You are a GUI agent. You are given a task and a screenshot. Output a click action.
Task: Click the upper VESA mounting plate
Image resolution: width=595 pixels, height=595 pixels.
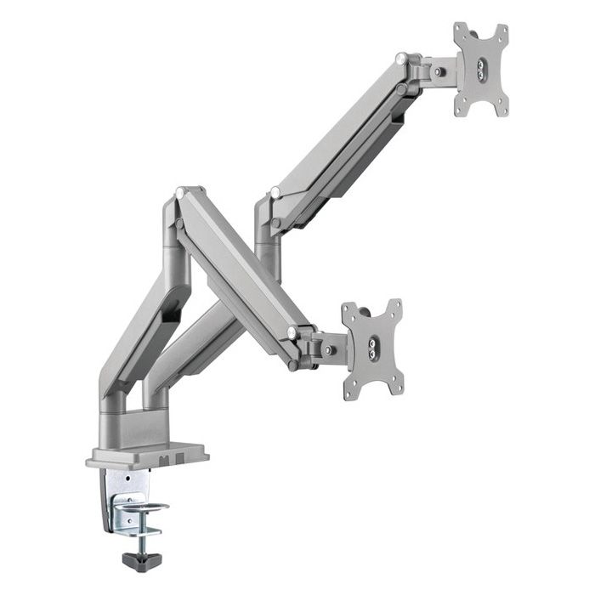point(480,69)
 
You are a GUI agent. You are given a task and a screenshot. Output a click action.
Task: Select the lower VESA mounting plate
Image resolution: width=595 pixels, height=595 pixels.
point(371,348)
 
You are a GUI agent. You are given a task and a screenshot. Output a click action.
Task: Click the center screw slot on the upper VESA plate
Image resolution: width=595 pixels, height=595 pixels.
point(480,69)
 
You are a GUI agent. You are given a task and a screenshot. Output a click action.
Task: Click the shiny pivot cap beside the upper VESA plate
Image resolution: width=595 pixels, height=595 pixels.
point(400,58)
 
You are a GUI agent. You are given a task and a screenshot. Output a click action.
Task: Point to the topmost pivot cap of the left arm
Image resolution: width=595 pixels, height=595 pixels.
point(179,193)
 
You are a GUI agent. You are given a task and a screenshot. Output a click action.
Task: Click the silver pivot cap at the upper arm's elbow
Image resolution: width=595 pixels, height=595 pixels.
point(275,192)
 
